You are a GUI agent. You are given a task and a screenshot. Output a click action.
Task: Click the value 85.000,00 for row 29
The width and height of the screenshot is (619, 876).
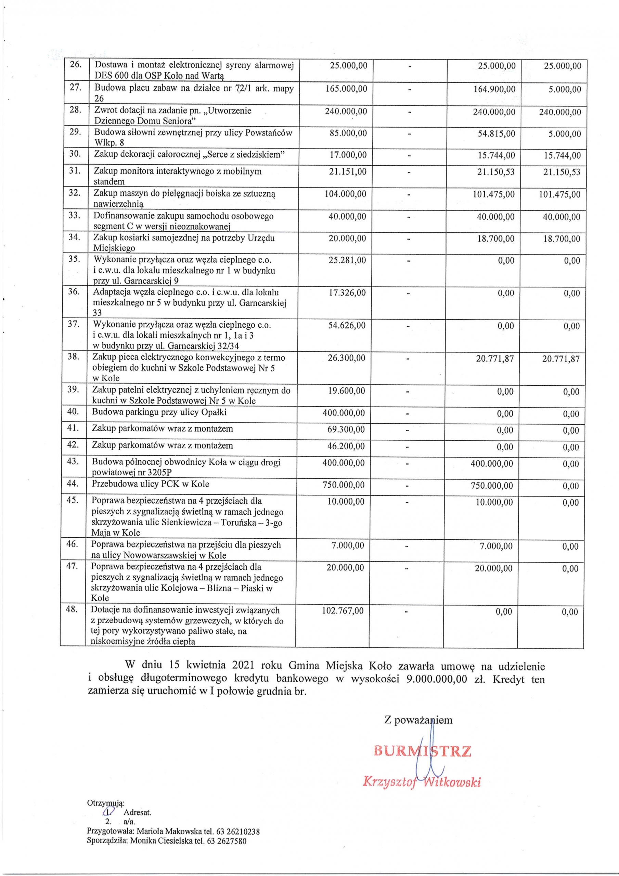[348, 133]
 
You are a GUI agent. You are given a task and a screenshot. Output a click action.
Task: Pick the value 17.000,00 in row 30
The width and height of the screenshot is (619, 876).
[348, 155]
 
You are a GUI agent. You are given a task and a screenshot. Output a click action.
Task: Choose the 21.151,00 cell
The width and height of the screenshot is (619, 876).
[347, 172]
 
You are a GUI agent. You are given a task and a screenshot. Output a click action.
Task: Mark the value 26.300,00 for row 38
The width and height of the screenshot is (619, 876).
[347, 358]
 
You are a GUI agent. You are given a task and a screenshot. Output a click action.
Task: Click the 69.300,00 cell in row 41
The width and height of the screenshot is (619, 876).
[346, 429]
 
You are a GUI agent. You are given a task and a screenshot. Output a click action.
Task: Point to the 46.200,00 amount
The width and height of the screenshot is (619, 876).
[346, 446]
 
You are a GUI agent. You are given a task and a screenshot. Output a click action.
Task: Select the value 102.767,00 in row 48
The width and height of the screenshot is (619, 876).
[343, 611]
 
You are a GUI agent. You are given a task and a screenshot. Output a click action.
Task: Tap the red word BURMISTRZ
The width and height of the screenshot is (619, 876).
[423, 751]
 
